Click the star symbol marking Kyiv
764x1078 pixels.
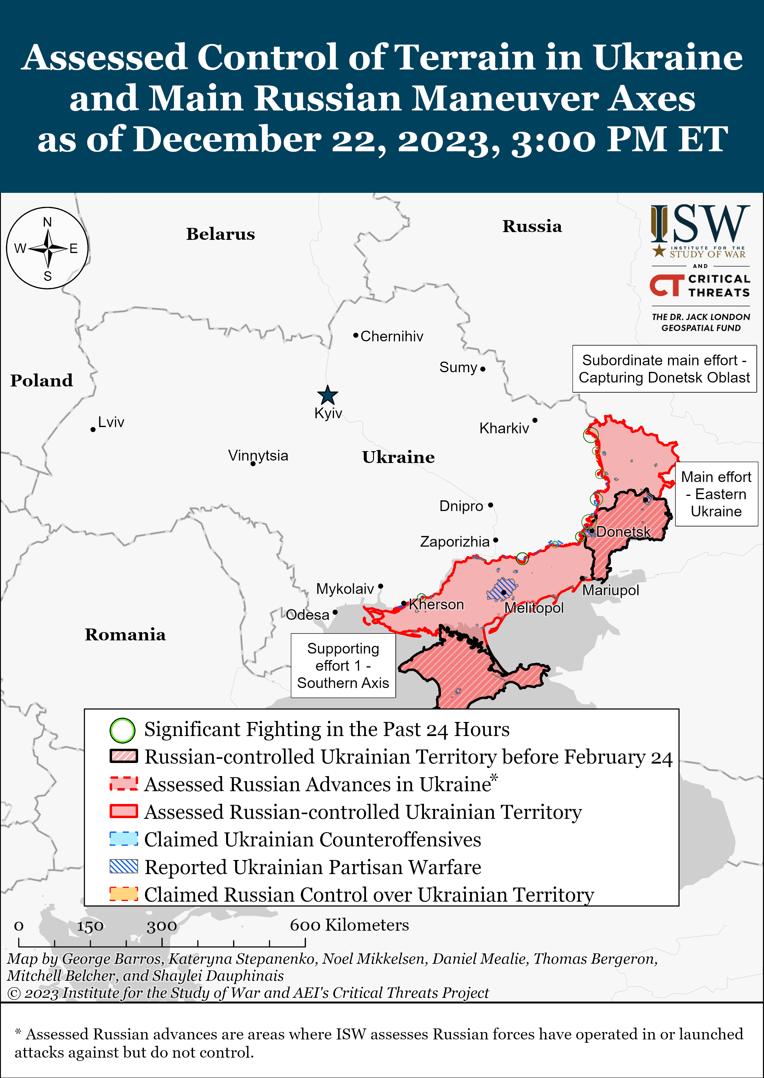[327, 395]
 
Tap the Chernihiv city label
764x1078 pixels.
[391, 337]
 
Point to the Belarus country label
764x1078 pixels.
[220, 234]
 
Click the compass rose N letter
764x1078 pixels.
[48, 222]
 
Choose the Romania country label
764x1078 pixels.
[125, 635]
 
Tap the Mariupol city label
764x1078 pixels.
[611, 591]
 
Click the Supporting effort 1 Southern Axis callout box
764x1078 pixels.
[343, 666]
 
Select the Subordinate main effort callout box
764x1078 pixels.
[664, 369]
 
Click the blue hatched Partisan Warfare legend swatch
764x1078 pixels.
[124, 867]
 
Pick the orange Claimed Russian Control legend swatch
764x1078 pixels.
[124, 894]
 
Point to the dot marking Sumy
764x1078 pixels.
[483, 369]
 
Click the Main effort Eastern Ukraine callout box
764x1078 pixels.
[716, 494]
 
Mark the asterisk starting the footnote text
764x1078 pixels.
[18, 1032]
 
